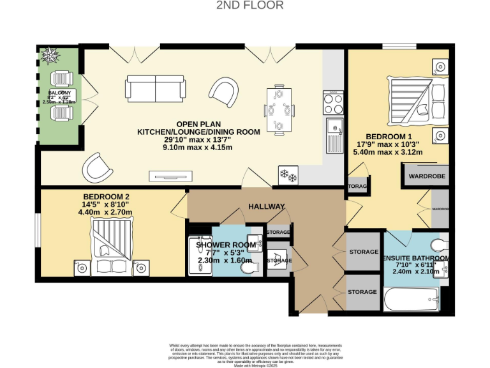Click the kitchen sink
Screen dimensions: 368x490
tap(334, 135)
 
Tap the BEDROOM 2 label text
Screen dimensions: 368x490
tap(106, 197)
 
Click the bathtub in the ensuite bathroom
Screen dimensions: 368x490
tap(412, 298)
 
